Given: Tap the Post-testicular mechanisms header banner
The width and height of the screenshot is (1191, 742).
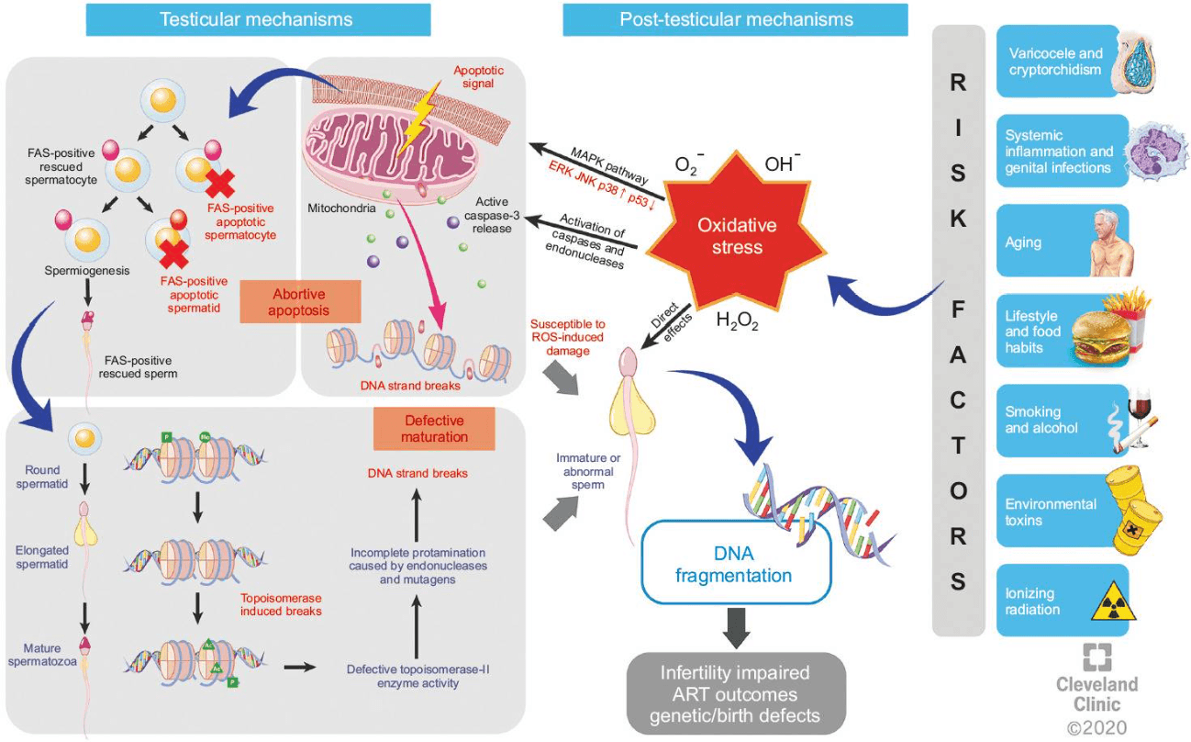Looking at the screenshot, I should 735,19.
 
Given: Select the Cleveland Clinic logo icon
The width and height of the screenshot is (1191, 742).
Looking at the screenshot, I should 1096,658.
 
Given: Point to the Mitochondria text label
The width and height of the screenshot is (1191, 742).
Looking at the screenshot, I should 342,208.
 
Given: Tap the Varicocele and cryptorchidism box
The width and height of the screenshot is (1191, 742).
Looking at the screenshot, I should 1063,62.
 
